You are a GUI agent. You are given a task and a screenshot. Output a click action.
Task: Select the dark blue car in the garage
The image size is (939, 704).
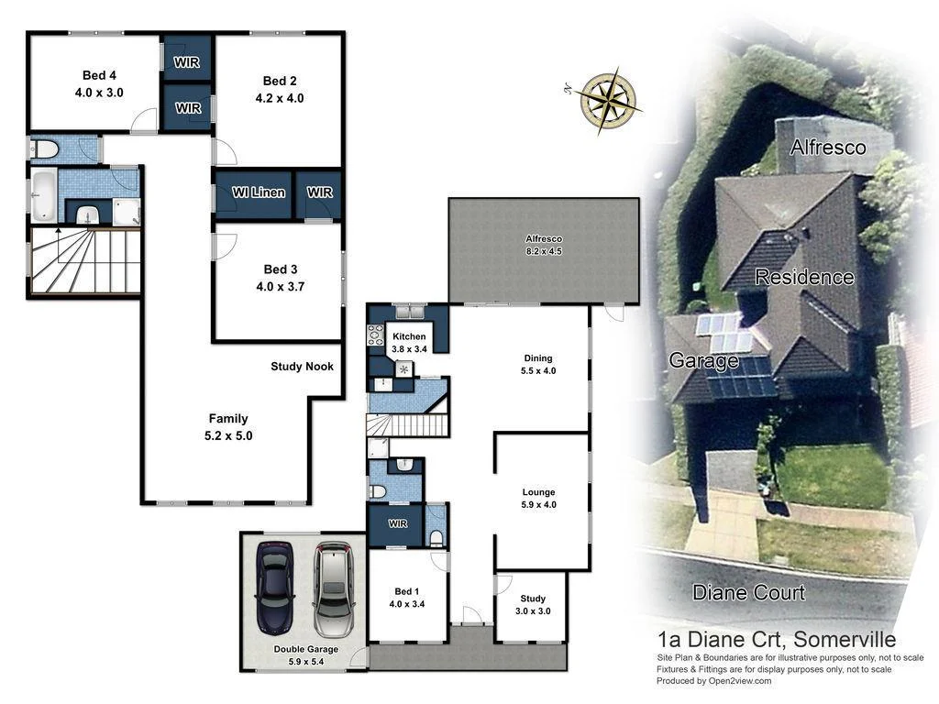click(274, 587)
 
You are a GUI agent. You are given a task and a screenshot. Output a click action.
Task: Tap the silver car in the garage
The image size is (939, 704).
click(332, 588)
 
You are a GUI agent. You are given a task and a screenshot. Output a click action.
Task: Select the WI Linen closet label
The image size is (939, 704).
click(259, 192)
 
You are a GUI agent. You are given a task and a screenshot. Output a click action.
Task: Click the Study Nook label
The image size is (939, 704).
click(302, 367)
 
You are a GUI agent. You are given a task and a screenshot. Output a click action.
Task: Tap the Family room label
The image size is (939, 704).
click(228, 419)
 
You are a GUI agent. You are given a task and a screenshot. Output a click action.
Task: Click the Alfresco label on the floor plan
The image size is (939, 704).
click(544, 239)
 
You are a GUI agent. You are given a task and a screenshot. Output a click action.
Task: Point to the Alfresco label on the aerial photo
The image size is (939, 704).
click(828, 147)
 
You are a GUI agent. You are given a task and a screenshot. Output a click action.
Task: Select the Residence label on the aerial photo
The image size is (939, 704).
click(804, 277)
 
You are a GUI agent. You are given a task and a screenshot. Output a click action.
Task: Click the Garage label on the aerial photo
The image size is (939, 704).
click(703, 360)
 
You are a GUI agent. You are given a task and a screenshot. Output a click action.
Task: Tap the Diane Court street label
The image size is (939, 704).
click(748, 592)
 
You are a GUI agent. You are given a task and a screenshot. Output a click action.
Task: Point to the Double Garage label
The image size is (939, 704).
click(305, 649)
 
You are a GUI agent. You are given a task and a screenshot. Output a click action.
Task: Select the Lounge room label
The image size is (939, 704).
click(539, 492)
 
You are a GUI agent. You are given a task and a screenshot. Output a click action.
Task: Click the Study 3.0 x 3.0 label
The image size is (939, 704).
click(532, 605)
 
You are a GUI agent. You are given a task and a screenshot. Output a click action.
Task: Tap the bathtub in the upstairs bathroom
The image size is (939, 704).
click(43, 193)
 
